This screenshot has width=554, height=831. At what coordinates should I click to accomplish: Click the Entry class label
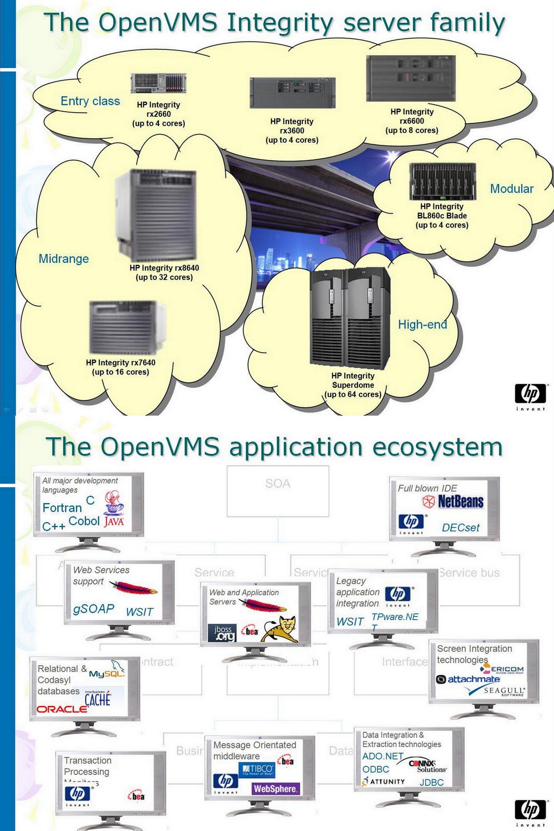(90, 101)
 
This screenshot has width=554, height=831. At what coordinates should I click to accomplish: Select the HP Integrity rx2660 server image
(158, 83)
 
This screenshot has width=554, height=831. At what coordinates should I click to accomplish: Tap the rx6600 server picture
(411, 78)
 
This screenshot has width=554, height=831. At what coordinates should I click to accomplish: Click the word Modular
(511, 189)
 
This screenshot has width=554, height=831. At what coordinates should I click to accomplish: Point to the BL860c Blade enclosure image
(442, 181)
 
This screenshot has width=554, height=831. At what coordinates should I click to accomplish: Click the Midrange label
(63, 259)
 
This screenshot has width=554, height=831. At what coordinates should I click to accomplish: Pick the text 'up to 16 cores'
(120, 372)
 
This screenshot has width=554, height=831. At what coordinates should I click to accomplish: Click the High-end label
(422, 325)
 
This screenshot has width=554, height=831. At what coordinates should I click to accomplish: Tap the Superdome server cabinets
(350, 317)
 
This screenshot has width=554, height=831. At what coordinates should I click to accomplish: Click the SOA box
(278, 490)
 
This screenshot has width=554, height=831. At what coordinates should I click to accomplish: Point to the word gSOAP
(93, 609)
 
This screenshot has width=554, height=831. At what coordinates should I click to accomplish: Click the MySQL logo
(107, 672)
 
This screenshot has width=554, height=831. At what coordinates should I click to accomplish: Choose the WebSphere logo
(275, 788)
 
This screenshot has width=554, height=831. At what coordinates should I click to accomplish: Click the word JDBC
(431, 782)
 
